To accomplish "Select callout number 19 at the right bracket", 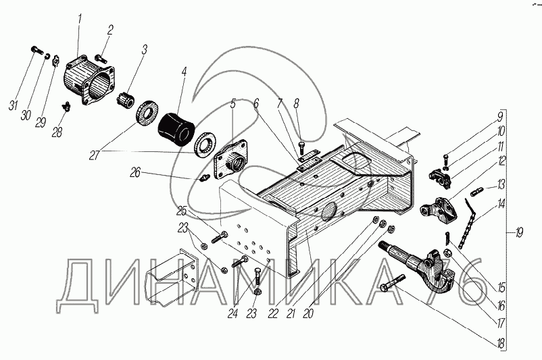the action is click(x=518, y=234).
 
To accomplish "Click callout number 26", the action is click(x=135, y=173).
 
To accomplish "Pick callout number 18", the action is click(x=501, y=344).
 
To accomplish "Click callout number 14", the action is click(x=501, y=203).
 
